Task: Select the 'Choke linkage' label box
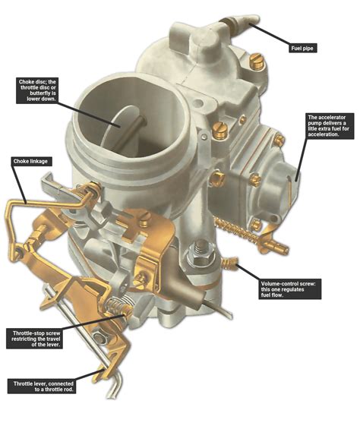click(32, 162)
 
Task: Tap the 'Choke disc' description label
click(48, 91)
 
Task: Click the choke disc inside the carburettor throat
click(122, 121)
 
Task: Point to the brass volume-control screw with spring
click(231, 263)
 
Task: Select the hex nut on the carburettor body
click(203, 248)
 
